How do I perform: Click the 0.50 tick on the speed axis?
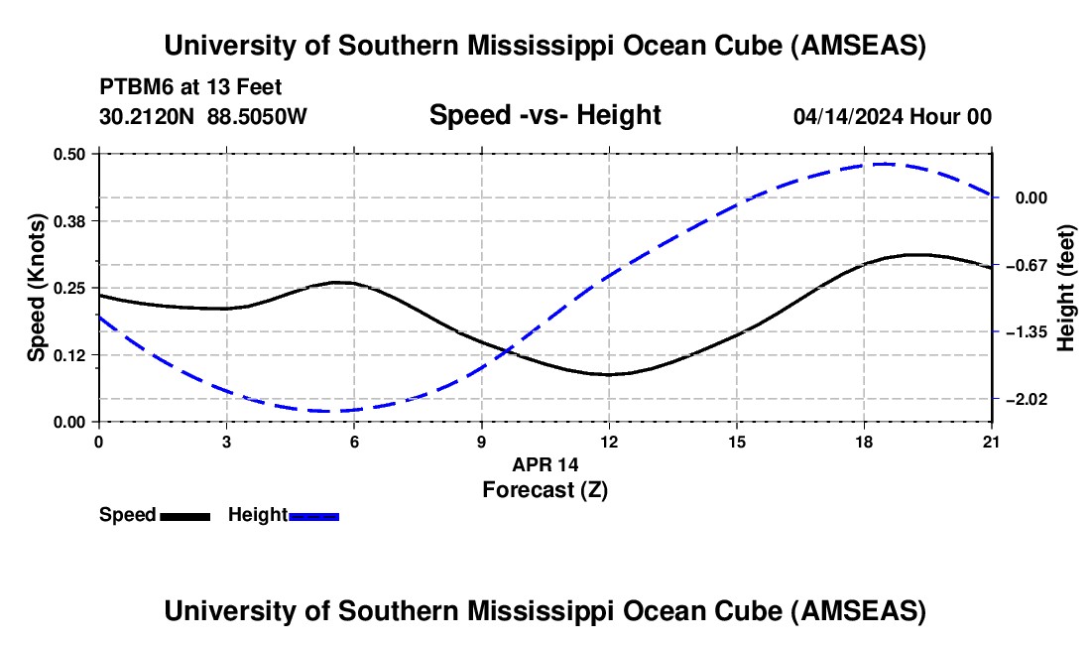click(68, 154)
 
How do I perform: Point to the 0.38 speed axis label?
click(68, 221)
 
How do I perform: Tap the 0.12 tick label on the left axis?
click(68, 355)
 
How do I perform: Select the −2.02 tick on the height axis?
click(1027, 399)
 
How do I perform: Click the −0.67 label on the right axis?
click(1027, 265)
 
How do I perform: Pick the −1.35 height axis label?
click(1027, 331)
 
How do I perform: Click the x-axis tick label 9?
click(481, 442)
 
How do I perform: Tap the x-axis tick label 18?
click(864, 442)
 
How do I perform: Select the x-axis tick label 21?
click(992, 442)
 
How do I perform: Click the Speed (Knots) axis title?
click(36, 288)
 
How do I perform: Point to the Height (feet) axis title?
click(1066, 288)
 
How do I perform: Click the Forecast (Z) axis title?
click(545, 490)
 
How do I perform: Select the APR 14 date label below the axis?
click(545, 464)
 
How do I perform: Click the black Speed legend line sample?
click(185, 517)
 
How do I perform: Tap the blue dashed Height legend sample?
click(313, 517)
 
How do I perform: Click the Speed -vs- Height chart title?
click(545, 115)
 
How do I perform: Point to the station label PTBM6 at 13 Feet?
click(190, 87)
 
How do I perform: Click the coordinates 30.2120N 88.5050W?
click(203, 116)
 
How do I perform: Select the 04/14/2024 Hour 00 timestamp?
click(893, 116)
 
